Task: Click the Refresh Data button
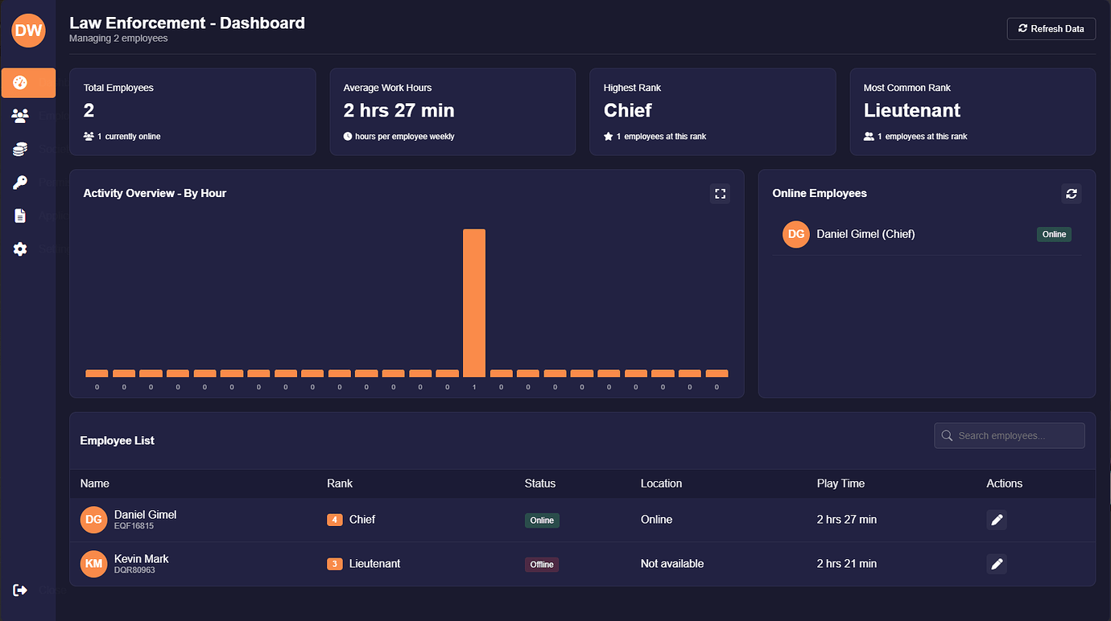[1051, 29]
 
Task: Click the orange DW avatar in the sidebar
[28, 31]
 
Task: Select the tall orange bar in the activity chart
[474, 302]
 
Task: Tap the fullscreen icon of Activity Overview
[720, 194]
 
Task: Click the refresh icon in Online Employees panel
[1071, 194]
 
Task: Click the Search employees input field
[1010, 436]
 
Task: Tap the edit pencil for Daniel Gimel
[997, 520]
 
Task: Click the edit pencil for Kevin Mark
[997, 564]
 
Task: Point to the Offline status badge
[542, 565]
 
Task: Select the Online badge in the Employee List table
[542, 520]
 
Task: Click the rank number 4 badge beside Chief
[335, 520]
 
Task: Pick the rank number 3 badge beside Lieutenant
[335, 565]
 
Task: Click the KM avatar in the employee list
[93, 564]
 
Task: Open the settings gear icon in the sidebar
[20, 249]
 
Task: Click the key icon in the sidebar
[20, 183]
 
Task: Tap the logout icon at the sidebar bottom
[20, 590]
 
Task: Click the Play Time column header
[840, 483]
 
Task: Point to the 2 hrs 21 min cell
[846, 564]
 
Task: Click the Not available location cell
[672, 564]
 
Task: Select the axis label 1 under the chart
[474, 388]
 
